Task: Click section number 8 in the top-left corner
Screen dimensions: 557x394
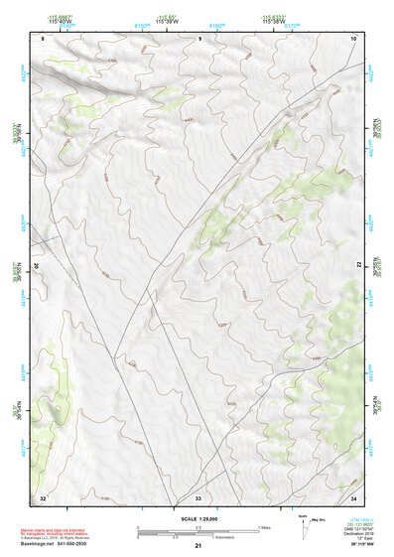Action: [44, 38]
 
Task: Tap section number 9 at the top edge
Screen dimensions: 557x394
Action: [199, 38]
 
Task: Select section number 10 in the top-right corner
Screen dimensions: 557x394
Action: [354, 38]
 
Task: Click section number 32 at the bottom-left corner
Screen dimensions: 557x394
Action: [43, 496]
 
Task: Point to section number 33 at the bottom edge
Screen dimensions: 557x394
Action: [197, 496]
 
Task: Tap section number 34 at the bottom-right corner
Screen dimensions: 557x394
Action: [353, 496]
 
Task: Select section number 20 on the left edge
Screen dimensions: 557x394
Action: [38, 267]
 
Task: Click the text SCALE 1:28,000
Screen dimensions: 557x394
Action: [198, 517]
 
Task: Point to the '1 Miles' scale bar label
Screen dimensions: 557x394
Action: [264, 525]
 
